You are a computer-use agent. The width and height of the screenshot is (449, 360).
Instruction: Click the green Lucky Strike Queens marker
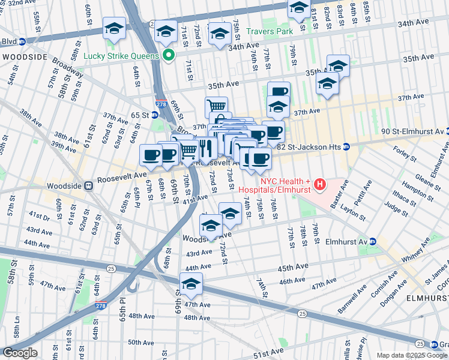(x=169, y=56)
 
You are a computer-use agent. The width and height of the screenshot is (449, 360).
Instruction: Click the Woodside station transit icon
(x=89, y=186)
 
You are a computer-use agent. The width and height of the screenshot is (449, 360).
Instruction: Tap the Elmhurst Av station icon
(x=372, y=242)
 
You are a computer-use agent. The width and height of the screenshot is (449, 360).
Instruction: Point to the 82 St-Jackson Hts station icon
(x=346, y=147)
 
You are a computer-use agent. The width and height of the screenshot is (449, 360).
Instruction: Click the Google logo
(x=20, y=353)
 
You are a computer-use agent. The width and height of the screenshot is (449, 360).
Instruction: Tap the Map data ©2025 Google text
(x=411, y=355)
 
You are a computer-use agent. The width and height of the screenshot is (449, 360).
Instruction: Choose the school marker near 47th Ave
(x=191, y=284)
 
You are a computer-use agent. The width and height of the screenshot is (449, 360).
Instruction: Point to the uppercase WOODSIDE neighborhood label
(x=25, y=56)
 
